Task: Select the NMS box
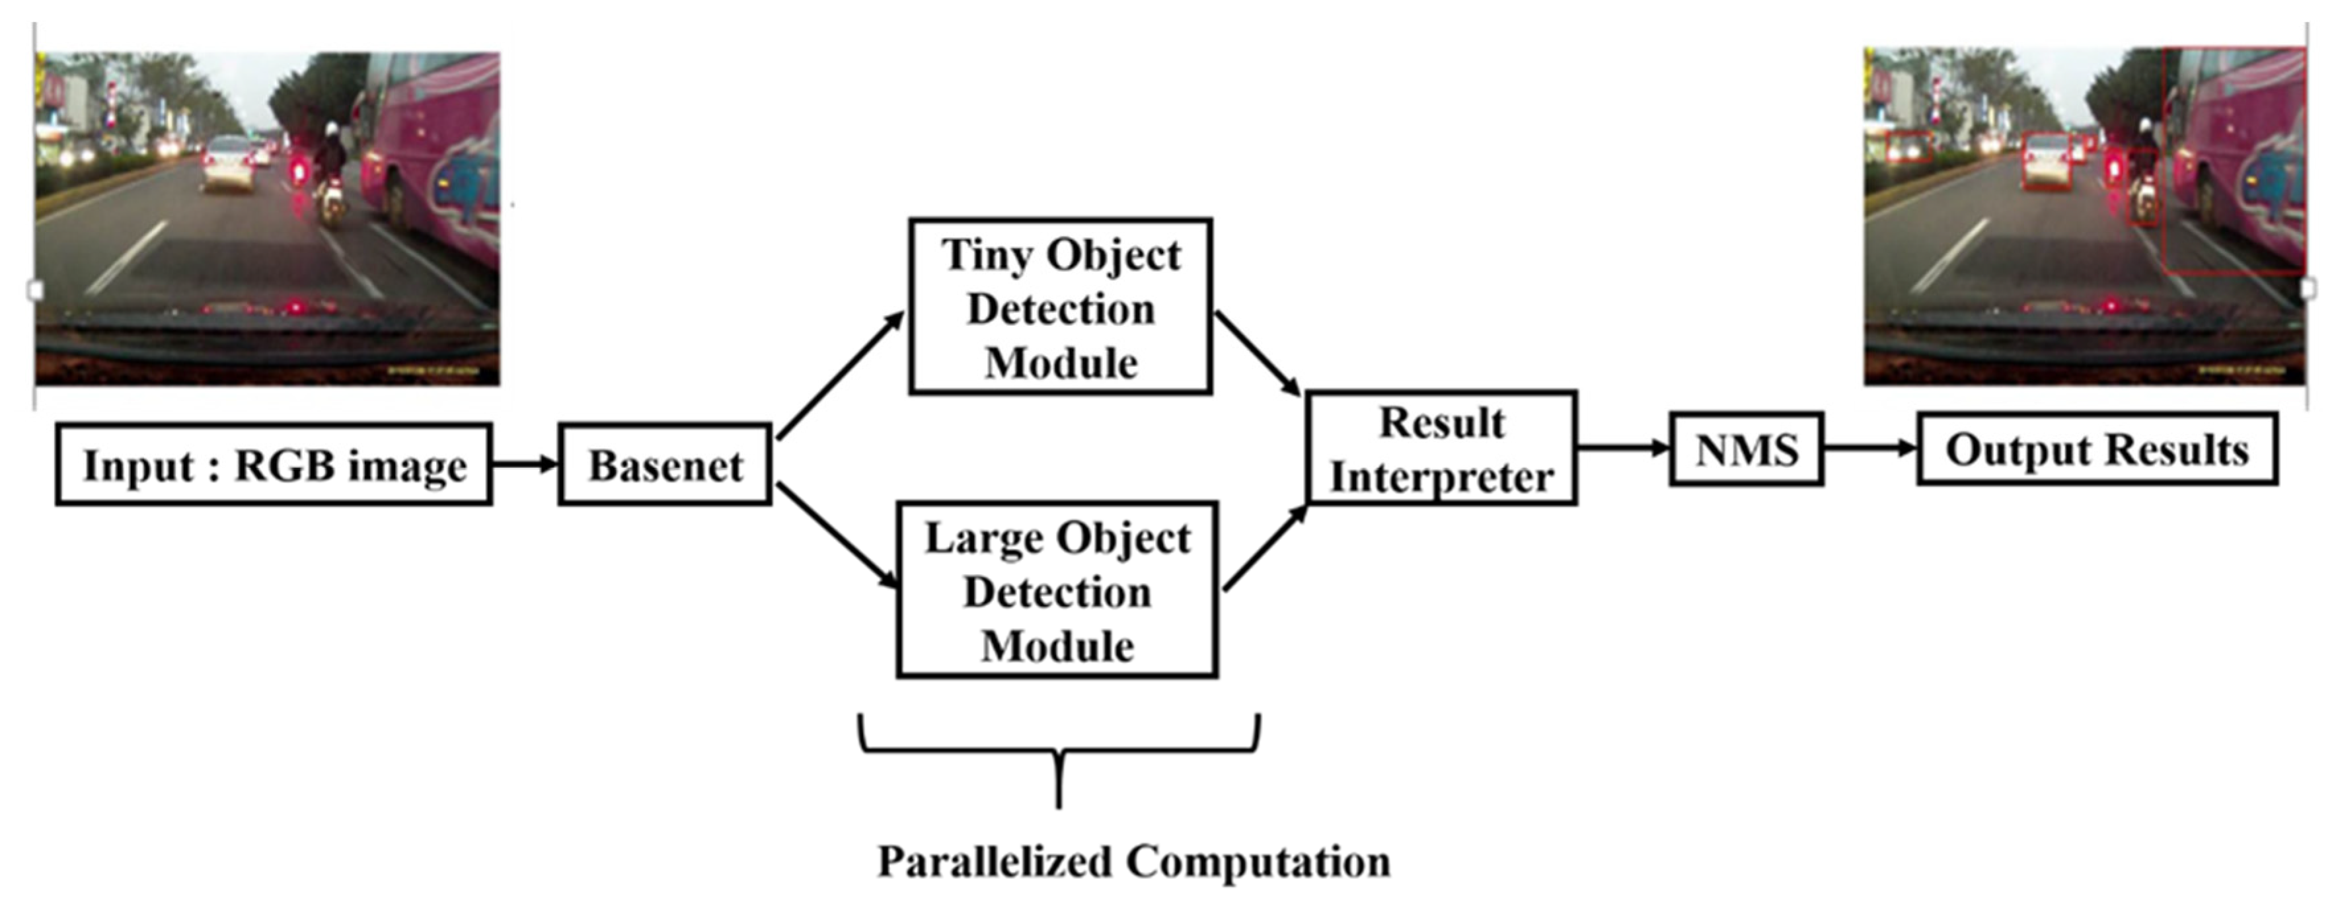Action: pos(1746,449)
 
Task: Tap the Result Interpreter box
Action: pos(1442,448)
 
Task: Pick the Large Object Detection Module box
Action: pos(1057,589)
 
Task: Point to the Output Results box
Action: pos(2097,449)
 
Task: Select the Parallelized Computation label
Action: pos(1133,861)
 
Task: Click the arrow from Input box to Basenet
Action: pos(524,464)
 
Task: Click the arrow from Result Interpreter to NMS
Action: pos(1622,447)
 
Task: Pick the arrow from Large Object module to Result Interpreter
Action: pos(1264,551)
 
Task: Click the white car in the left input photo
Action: pos(227,163)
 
